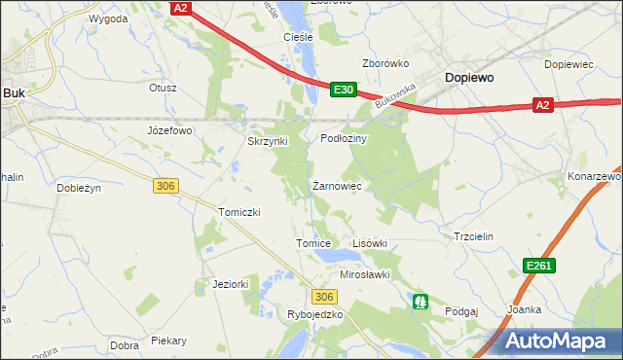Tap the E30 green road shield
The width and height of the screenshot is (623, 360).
coord(341,90)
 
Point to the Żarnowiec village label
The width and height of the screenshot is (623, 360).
coord(338,185)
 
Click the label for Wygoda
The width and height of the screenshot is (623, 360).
coord(108,18)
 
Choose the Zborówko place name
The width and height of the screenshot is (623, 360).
coord(385,64)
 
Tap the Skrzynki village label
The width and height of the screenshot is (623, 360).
coord(267,141)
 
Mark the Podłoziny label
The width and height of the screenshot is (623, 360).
coord(343,139)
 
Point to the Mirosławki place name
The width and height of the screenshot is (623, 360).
coord(364,274)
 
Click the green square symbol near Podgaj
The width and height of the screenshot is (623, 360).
coord(421,302)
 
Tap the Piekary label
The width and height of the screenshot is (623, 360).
coord(168,342)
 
